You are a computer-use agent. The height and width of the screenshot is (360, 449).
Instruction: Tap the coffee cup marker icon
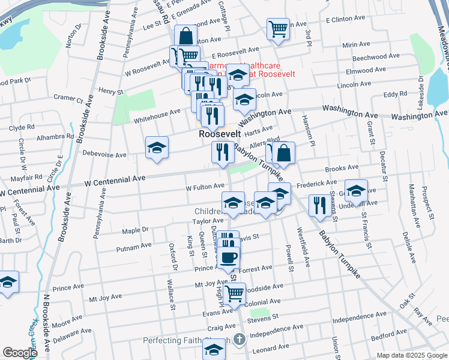[x=228, y=259]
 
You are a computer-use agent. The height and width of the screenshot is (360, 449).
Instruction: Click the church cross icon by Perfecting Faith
[x=240, y=340]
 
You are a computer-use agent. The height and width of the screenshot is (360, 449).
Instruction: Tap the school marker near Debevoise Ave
[x=157, y=148]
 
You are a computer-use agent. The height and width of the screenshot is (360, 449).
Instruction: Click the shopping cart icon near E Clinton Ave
[x=278, y=28]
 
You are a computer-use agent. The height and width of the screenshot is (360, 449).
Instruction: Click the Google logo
[x=20, y=353]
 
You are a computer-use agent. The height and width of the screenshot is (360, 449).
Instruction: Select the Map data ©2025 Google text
[x=411, y=355]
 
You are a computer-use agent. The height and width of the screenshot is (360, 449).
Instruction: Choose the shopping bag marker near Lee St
[x=186, y=35]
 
